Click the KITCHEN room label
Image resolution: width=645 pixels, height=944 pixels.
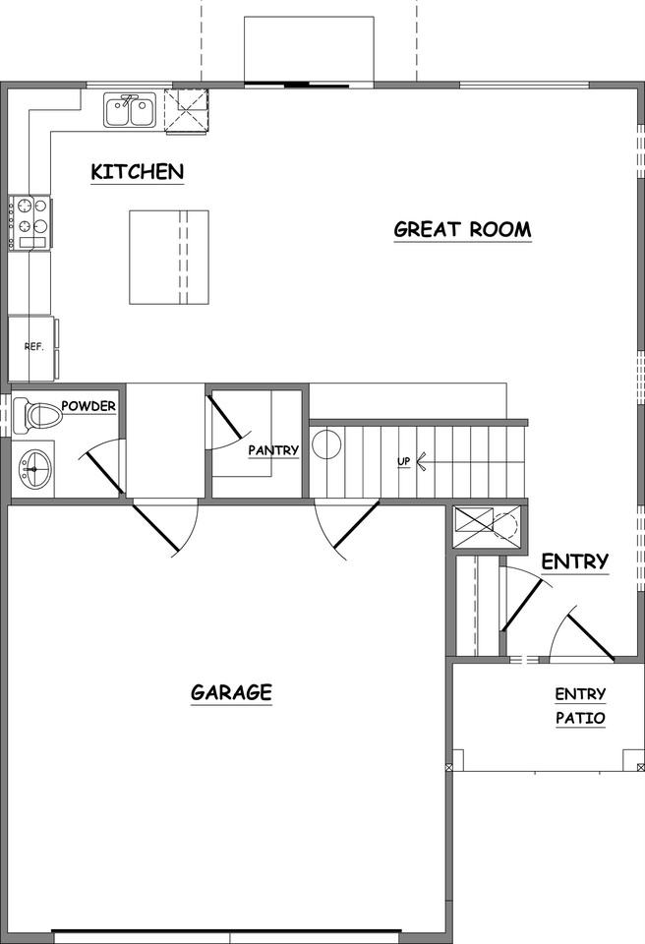pyautogui.click(x=137, y=172)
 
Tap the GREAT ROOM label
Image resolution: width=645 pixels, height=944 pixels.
pyautogui.click(x=462, y=230)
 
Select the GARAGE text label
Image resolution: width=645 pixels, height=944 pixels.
pyautogui.click(x=231, y=692)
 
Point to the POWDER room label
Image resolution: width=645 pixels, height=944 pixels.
pyautogui.click(x=89, y=406)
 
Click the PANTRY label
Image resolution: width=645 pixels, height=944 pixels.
pyautogui.click(x=273, y=450)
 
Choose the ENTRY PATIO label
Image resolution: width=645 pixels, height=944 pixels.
pyautogui.click(x=580, y=706)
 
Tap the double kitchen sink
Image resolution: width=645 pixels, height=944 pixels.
pyautogui.click(x=129, y=109)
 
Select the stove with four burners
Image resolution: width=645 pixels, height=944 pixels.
pyautogui.click(x=29, y=222)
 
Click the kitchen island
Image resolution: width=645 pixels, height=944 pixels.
pyautogui.click(x=169, y=258)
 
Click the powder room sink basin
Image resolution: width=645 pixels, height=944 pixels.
pyautogui.click(x=36, y=470)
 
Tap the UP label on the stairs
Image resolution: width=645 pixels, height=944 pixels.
pyautogui.click(x=403, y=461)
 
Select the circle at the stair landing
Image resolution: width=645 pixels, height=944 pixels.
pyautogui.click(x=326, y=445)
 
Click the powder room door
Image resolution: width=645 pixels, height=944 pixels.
pyautogui.click(x=101, y=468)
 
